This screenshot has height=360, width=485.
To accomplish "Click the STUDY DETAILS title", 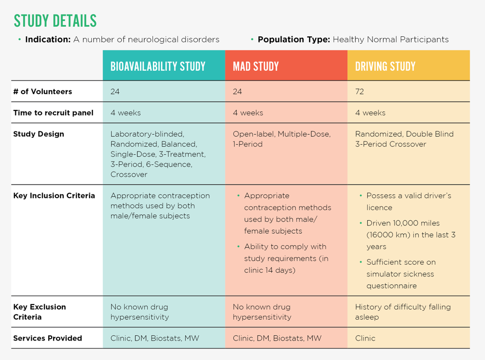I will pos(55,21).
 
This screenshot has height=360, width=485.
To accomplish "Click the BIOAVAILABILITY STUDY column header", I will pos(158,66).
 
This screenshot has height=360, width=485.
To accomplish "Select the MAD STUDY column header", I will pos(256,66).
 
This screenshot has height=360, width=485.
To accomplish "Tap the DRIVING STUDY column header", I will pos(385,66).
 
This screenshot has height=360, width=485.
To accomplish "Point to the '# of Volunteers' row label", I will pos(42,92).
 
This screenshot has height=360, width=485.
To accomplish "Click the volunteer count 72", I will pos(359,92).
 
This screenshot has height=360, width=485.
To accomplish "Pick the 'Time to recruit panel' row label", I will pos(53,113).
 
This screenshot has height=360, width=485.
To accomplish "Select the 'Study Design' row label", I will pos(38,134).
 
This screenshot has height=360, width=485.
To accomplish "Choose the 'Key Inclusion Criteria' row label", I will pos(54,195).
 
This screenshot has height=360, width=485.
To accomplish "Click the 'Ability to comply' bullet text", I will pos(285,258).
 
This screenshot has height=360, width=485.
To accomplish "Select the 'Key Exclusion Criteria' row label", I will pos(39,312).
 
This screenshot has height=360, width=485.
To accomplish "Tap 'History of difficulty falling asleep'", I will pos(403,312).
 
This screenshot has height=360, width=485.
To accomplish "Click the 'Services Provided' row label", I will pos(47,338).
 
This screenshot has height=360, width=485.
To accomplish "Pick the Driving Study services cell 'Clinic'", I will pos(365,338).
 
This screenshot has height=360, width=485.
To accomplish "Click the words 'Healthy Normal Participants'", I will pos(390,40).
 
